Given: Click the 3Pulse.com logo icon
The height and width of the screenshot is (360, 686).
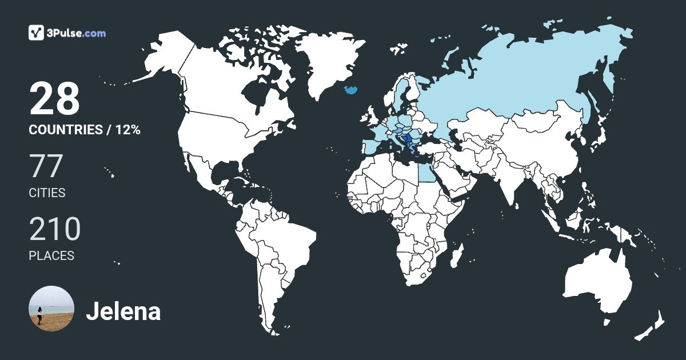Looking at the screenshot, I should (37, 33).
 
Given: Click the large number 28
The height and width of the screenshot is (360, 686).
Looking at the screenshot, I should (54, 99).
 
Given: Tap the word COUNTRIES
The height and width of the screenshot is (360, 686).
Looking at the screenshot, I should (65, 130).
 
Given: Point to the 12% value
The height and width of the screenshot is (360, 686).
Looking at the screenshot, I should (127, 130).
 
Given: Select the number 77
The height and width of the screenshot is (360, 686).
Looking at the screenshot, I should (46, 167).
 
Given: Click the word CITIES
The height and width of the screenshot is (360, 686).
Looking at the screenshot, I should (47, 193).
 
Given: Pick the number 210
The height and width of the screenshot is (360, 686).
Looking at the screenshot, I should (55, 229).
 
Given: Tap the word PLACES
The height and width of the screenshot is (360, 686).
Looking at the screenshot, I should (51, 255).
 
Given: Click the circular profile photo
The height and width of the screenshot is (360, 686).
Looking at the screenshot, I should (51, 309).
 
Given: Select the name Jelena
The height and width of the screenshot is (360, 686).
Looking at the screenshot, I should (123, 311).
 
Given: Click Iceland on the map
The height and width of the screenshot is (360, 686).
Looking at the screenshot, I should (350, 89).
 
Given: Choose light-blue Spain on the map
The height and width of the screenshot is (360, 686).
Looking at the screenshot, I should (370, 145).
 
